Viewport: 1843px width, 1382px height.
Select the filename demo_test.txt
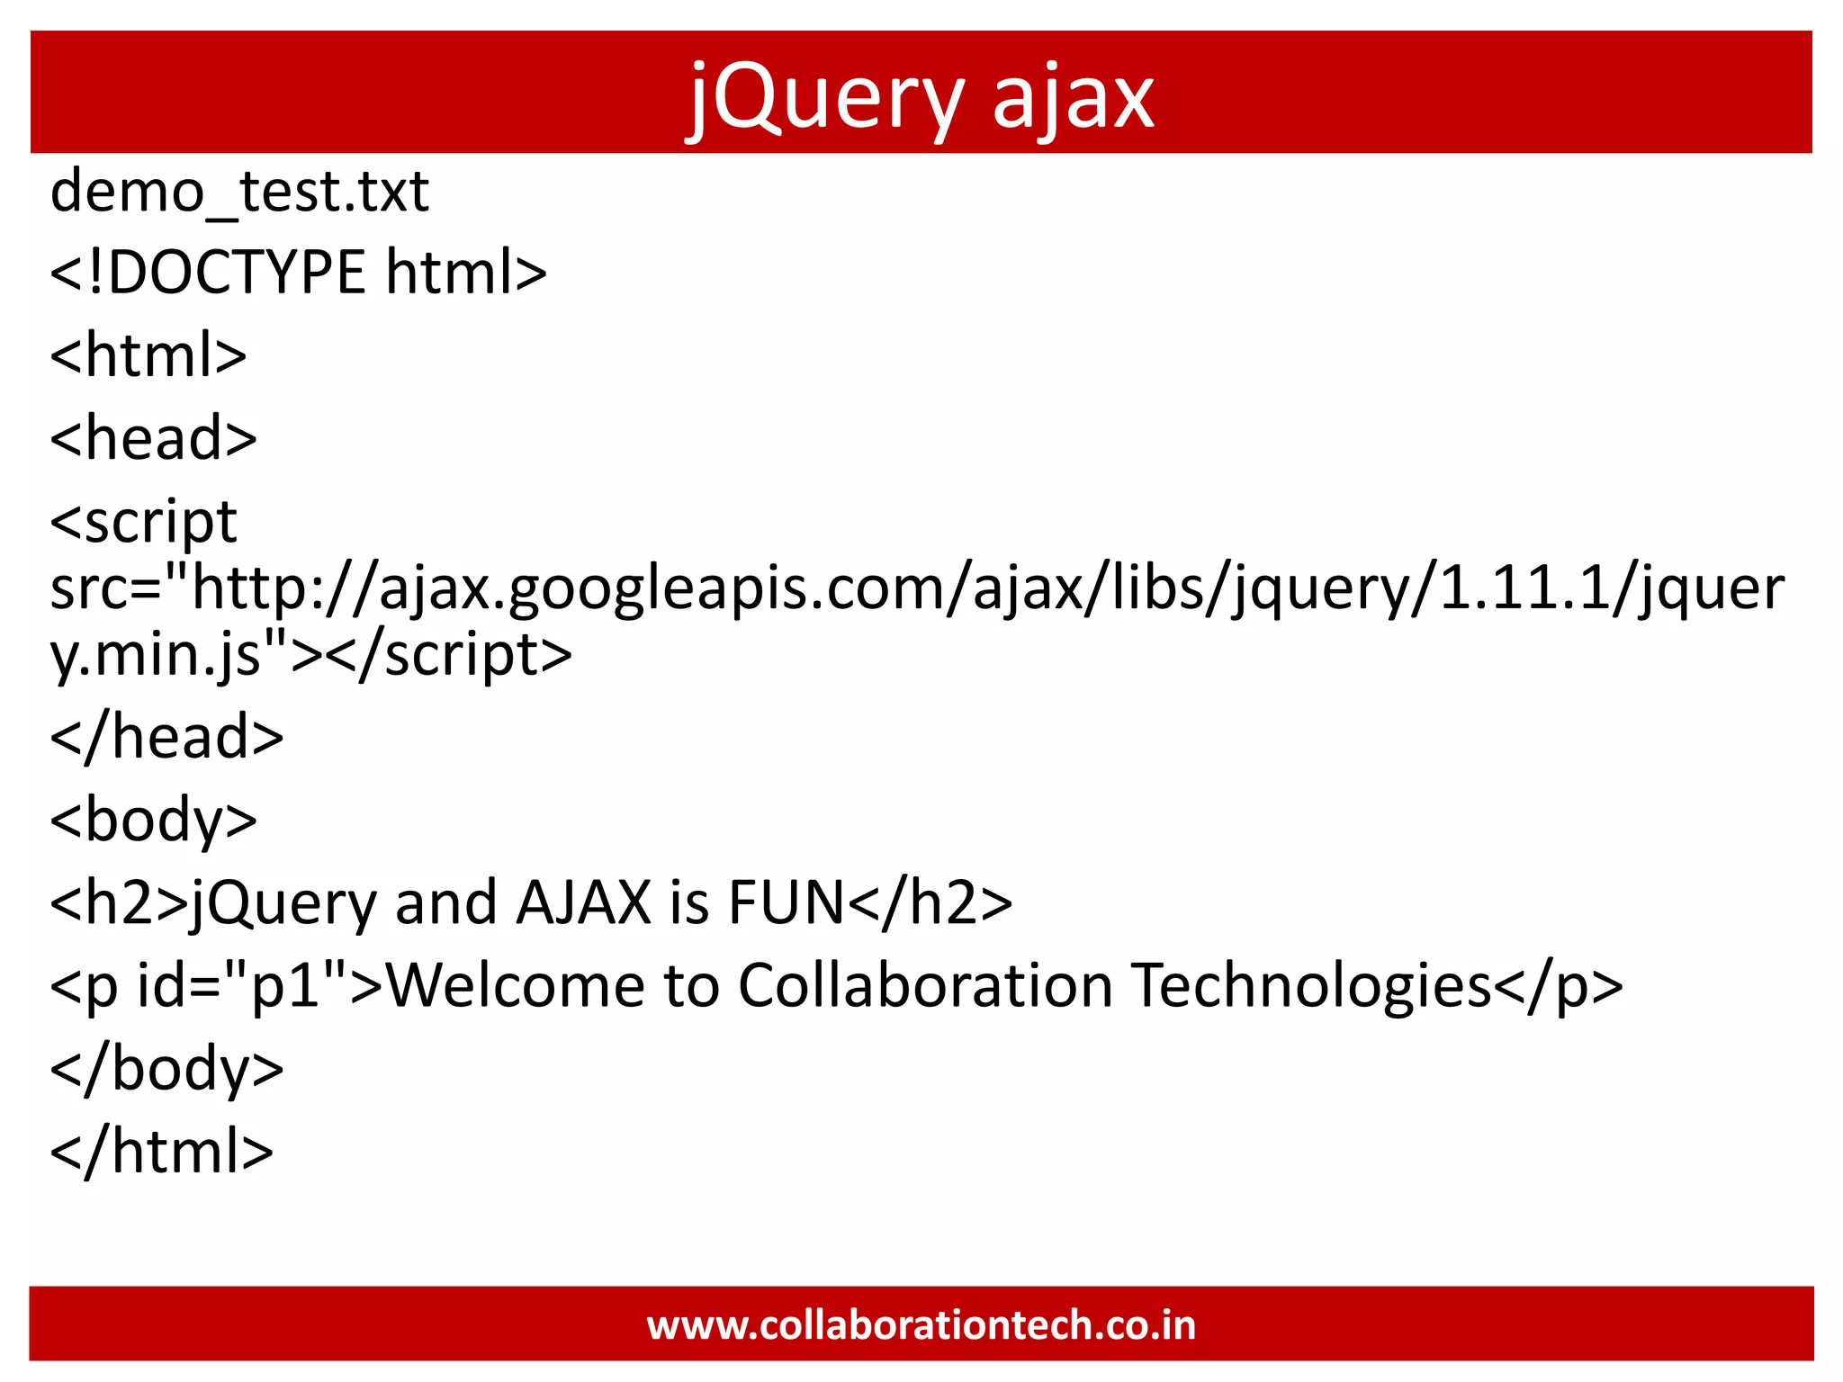tap(239, 192)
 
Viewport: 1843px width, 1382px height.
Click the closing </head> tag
tap(167, 737)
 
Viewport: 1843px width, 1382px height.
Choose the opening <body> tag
tap(154, 820)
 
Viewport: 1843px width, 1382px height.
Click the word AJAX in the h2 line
tap(583, 902)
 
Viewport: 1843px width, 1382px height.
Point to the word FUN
tap(786, 902)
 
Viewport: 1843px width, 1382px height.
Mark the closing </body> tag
tap(167, 1068)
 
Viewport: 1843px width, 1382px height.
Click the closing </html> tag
tap(162, 1151)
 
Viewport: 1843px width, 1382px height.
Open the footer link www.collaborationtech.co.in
tap(921, 1325)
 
